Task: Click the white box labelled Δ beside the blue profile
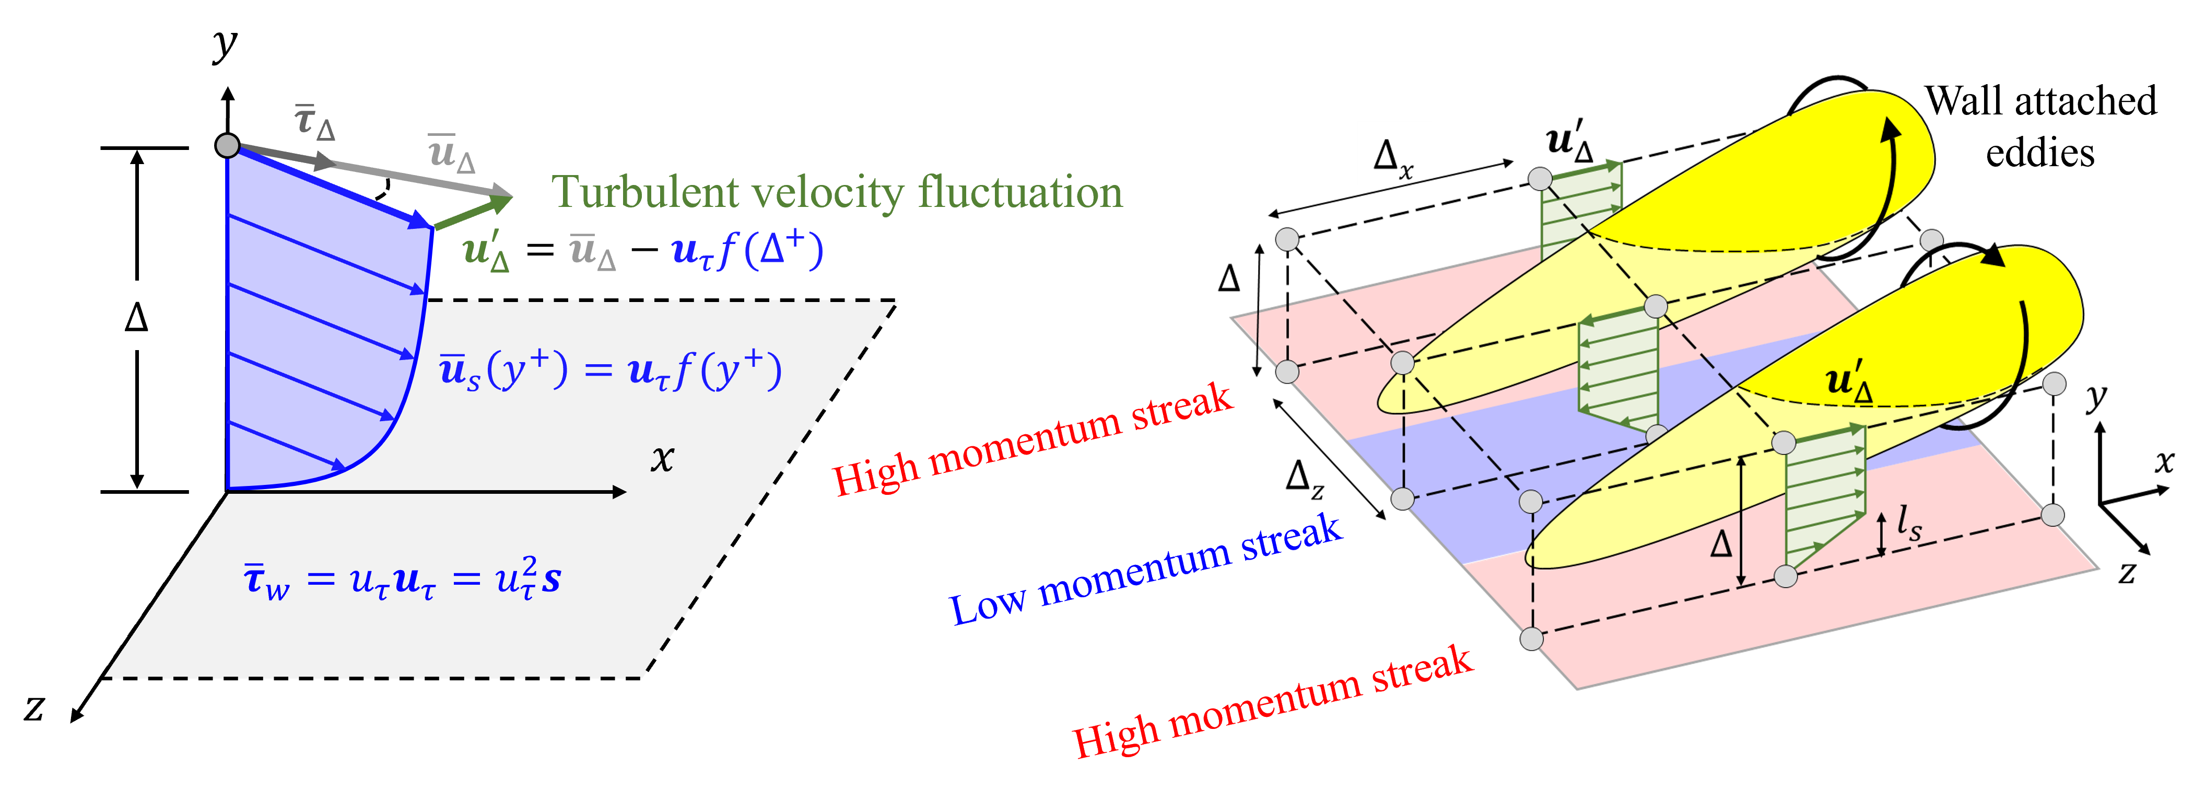136,315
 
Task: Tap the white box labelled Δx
1393,153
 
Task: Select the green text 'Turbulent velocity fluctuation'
836,192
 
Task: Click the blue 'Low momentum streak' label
1145,569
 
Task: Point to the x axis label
662,458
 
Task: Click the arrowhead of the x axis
619,492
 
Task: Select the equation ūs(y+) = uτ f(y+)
610,370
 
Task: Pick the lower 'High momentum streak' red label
1272,701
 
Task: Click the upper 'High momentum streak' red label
1031,439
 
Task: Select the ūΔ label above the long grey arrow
451,153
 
